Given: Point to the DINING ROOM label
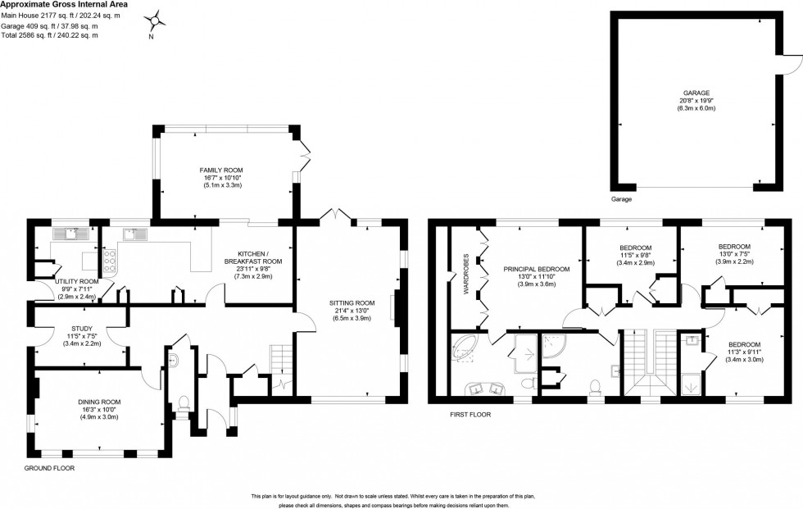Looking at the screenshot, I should click(99, 402).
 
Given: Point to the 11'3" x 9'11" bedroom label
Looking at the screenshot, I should click(745, 344).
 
